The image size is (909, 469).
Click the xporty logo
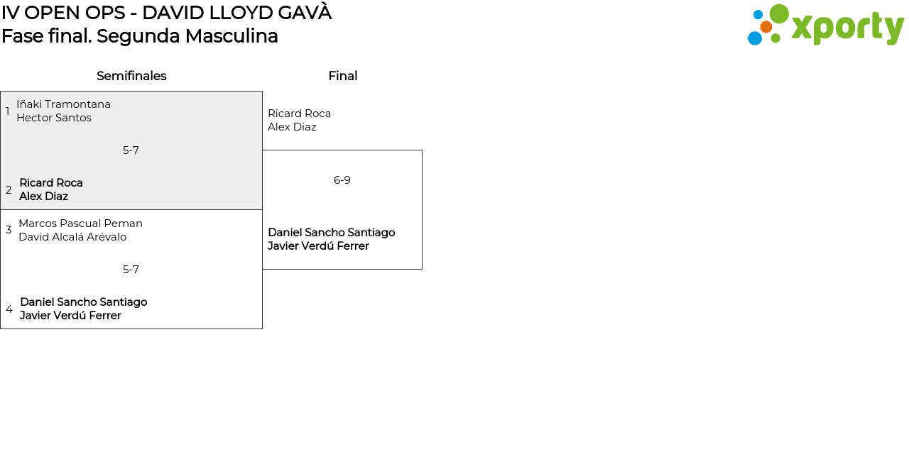pos(825,26)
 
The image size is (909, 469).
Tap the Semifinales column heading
pos(131,76)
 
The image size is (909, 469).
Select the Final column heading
pos(342,76)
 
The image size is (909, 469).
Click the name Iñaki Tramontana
pos(63,104)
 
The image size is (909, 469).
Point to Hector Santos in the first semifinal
pos(54,118)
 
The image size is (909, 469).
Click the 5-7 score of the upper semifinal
pos(131,150)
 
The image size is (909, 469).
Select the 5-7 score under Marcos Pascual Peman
pos(131,270)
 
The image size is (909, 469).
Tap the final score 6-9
pos(342,180)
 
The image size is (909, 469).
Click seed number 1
pos(7,111)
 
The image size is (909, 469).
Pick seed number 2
pos(9,190)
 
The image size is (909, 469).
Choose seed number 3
pos(9,230)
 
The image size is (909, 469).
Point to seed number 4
pos(9,309)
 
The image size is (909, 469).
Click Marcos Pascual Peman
pos(80,224)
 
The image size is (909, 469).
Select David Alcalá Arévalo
pos(72,237)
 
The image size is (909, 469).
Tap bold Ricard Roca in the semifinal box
pos(51,183)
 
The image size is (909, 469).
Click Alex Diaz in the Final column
pos(292,127)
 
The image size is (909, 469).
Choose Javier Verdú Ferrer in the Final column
pos(318,246)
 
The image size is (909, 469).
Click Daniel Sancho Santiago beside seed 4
pos(84,302)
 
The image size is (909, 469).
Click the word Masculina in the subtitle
pos(232,35)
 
